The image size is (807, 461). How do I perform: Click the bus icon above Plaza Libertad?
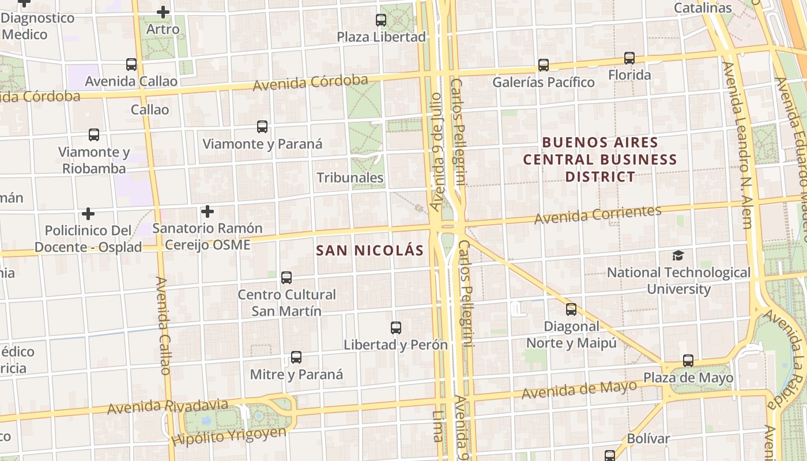(x=380, y=20)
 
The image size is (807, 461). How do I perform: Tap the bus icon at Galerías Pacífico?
(x=543, y=65)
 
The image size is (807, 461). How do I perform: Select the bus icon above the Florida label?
(x=629, y=58)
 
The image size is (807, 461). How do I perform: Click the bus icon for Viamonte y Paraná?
(x=262, y=127)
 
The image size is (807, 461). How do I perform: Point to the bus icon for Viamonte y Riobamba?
(x=93, y=135)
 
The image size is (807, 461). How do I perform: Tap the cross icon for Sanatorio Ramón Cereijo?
(x=207, y=211)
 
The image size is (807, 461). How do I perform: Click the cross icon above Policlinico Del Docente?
(x=88, y=214)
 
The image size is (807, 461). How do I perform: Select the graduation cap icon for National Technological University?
(x=678, y=255)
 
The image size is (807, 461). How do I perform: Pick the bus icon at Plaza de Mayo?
(x=688, y=361)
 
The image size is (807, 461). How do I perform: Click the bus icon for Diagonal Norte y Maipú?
(x=571, y=309)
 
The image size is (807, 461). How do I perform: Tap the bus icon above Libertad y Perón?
(x=395, y=328)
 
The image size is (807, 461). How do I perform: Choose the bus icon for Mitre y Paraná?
(x=296, y=357)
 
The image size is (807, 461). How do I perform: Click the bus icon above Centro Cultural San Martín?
(x=286, y=278)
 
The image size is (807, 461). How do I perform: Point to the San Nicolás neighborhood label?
(x=369, y=251)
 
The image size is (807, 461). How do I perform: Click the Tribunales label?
(x=350, y=177)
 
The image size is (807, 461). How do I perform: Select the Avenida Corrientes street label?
(x=597, y=215)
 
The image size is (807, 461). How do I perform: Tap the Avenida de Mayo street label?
(x=579, y=390)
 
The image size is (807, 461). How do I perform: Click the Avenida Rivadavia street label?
(x=167, y=407)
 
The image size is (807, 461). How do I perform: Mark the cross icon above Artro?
(x=163, y=12)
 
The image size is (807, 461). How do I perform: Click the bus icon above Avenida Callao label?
(x=131, y=65)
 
